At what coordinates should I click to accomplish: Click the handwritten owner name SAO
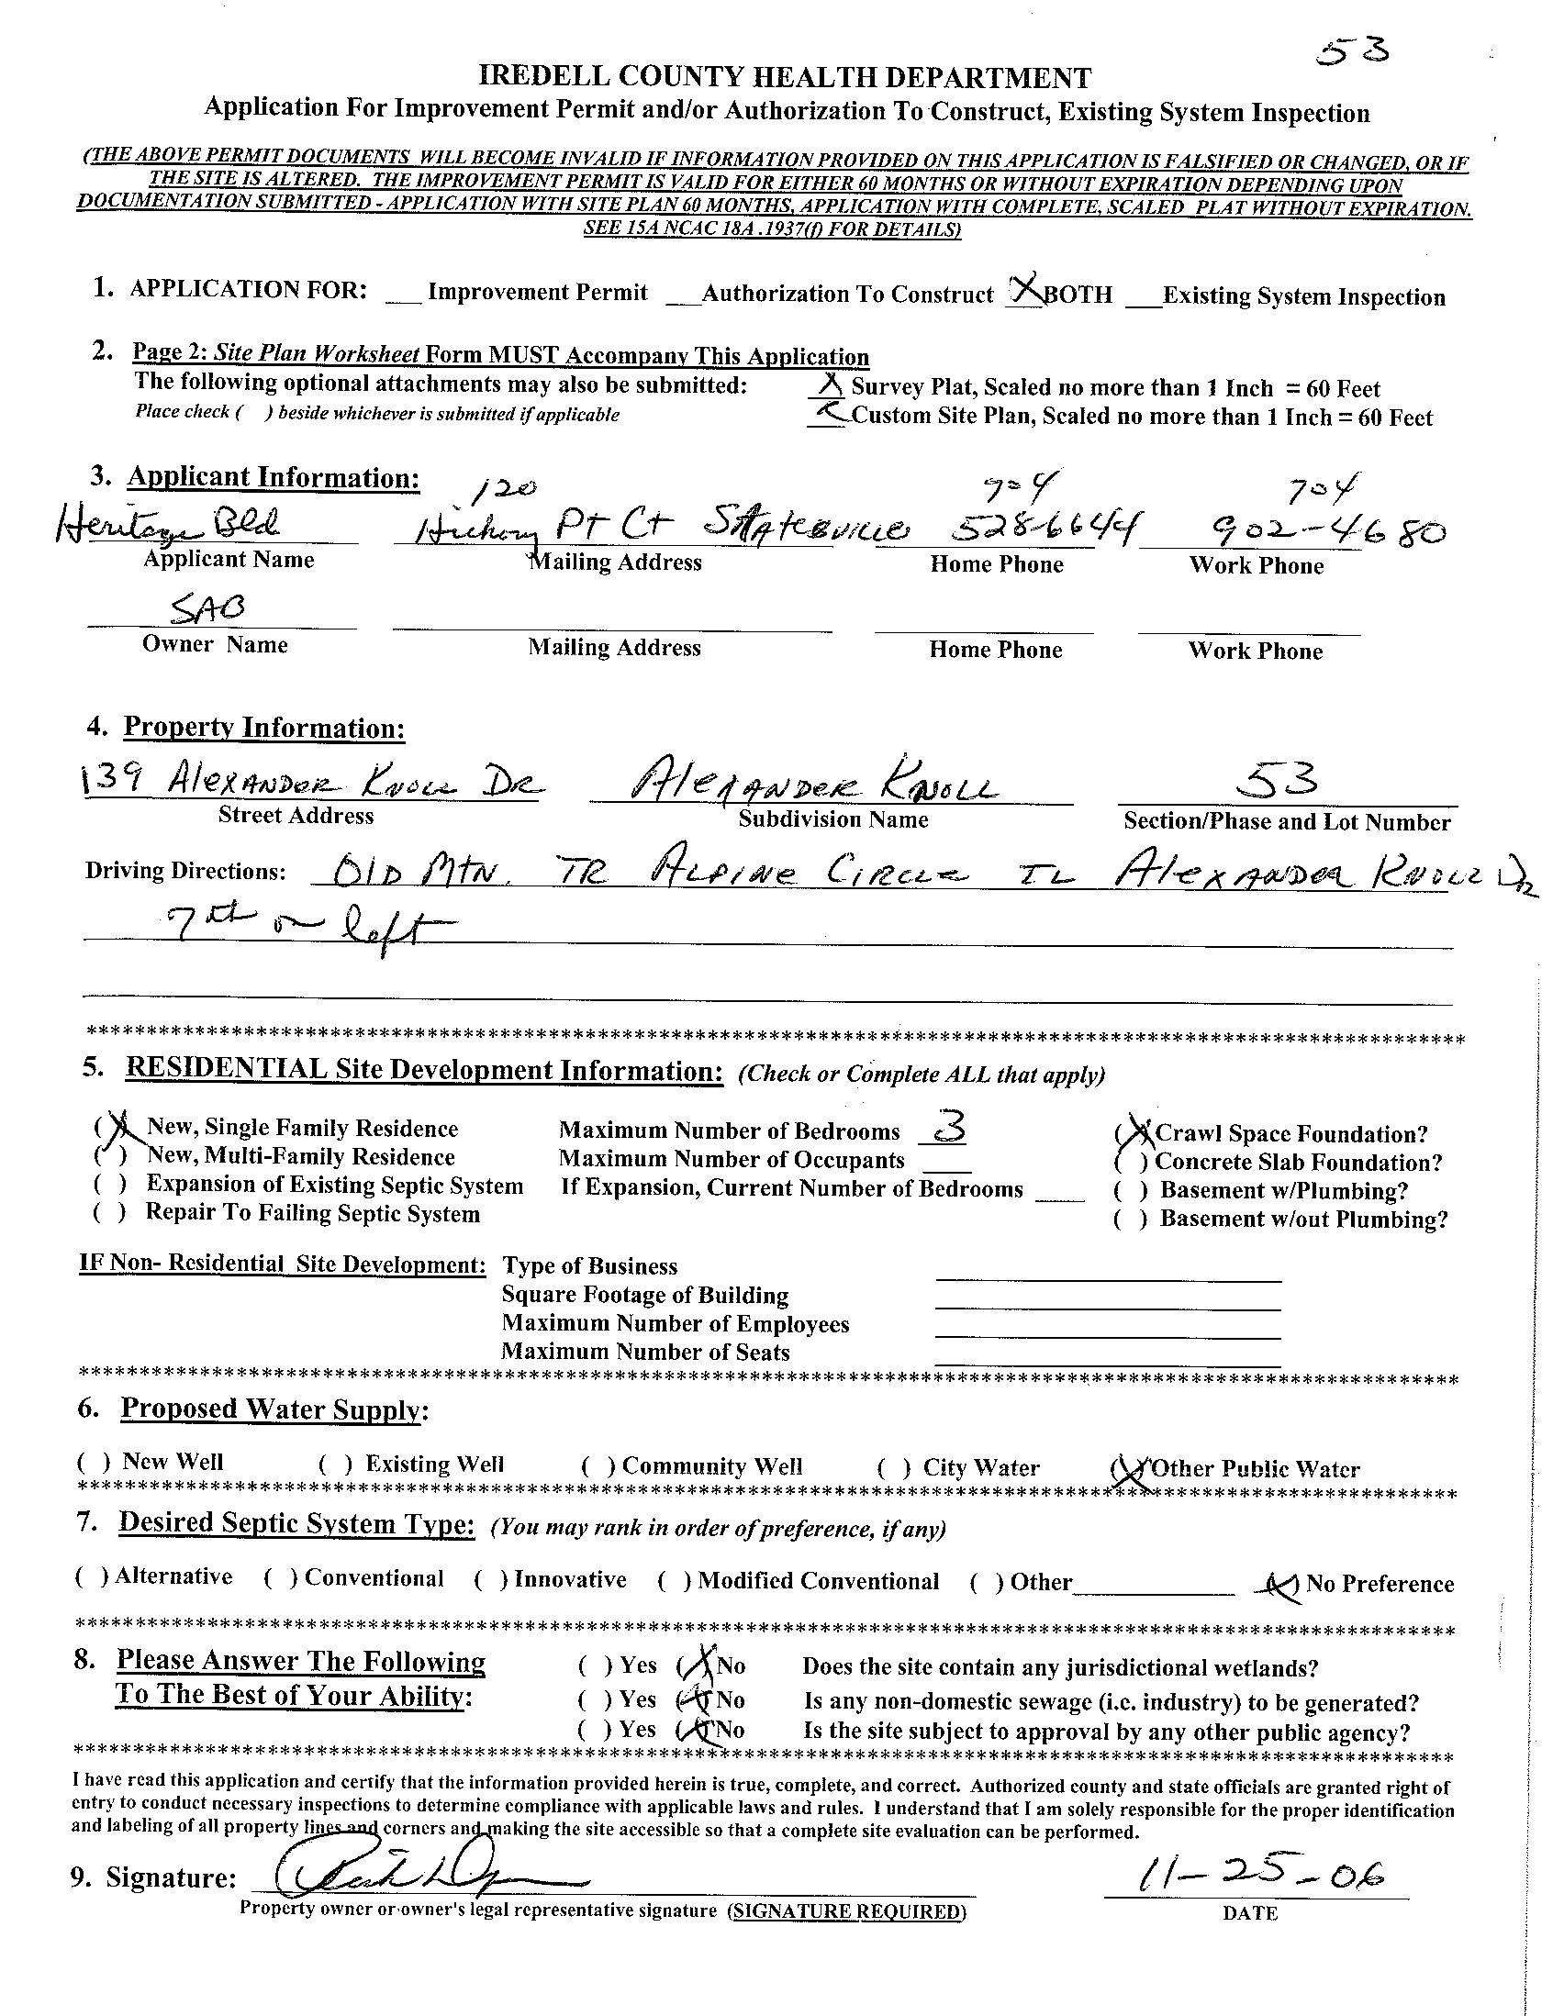tap(207, 608)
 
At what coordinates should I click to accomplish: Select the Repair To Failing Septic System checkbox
tap(109, 1213)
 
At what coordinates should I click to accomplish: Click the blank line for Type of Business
tap(1108, 1271)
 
